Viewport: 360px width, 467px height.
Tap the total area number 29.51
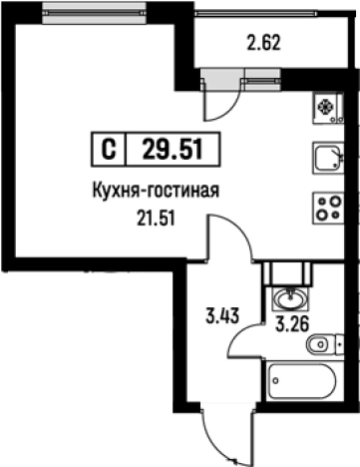click(171, 150)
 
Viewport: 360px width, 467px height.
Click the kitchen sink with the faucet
click(327, 157)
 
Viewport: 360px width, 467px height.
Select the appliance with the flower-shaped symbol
click(327, 107)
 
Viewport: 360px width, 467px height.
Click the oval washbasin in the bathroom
click(289, 297)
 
